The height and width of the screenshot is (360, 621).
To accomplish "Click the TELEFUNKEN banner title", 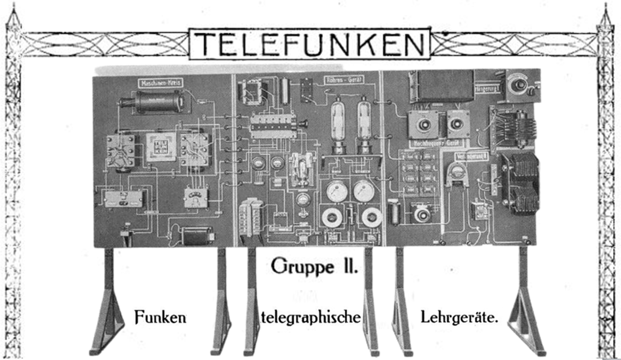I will tap(310, 44).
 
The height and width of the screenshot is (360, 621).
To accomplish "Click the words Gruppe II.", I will tap(314, 266).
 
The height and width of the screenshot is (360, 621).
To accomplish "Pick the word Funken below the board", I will tap(160, 318).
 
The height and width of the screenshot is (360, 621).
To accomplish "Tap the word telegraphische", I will tap(310, 318).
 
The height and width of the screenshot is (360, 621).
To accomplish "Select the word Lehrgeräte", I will tap(459, 318).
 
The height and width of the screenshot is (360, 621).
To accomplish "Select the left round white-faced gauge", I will tap(337, 191).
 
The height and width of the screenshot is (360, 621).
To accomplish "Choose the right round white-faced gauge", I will tap(364, 191).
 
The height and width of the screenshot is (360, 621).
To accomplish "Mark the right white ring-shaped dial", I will tap(371, 217).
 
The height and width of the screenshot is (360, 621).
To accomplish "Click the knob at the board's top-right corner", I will tap(520, 85).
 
